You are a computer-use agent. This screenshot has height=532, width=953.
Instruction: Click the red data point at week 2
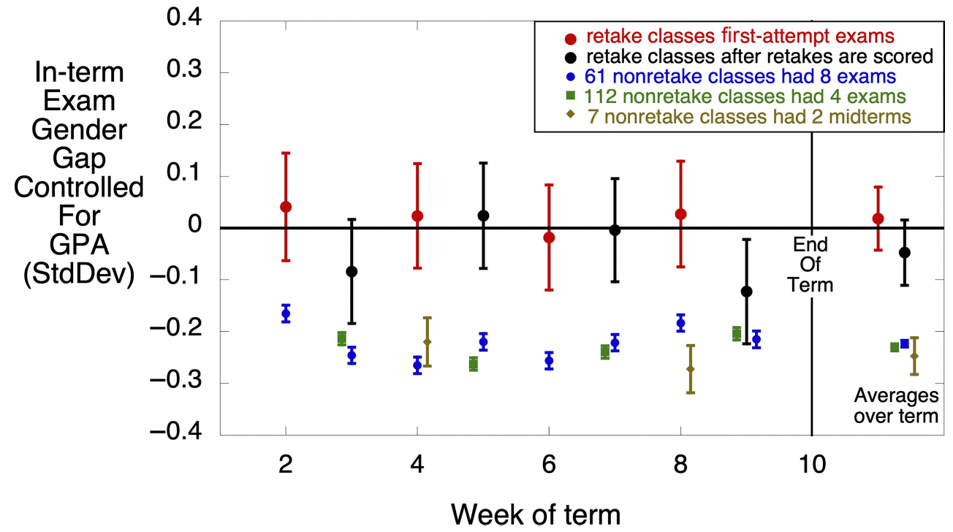coord(286,207)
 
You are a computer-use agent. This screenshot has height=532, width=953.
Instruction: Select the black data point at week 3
coord(352,271)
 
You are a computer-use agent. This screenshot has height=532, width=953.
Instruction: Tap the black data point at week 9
coord(746,292)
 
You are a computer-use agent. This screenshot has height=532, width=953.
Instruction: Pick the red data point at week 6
coord(549,237)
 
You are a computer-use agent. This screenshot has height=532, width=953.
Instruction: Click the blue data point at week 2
coord(286,313)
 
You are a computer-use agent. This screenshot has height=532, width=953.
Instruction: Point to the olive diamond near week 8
coord(691,369)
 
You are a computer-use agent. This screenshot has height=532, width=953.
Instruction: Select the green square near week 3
coord(341,338)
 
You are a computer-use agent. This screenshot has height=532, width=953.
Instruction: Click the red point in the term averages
coord(878,218)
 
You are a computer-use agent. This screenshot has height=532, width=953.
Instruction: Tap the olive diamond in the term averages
coord(914,356)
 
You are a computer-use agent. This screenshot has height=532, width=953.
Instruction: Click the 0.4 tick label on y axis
coord(186,20)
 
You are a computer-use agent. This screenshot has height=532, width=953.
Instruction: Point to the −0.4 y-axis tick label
coord(180,434)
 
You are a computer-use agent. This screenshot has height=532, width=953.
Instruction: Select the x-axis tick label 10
coord(812,467)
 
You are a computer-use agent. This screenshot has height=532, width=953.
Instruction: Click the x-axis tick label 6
coord(549,467)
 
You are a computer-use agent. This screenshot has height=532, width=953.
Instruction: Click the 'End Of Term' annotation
coord(811,264)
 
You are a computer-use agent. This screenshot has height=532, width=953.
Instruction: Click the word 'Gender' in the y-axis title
coord(80,129)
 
